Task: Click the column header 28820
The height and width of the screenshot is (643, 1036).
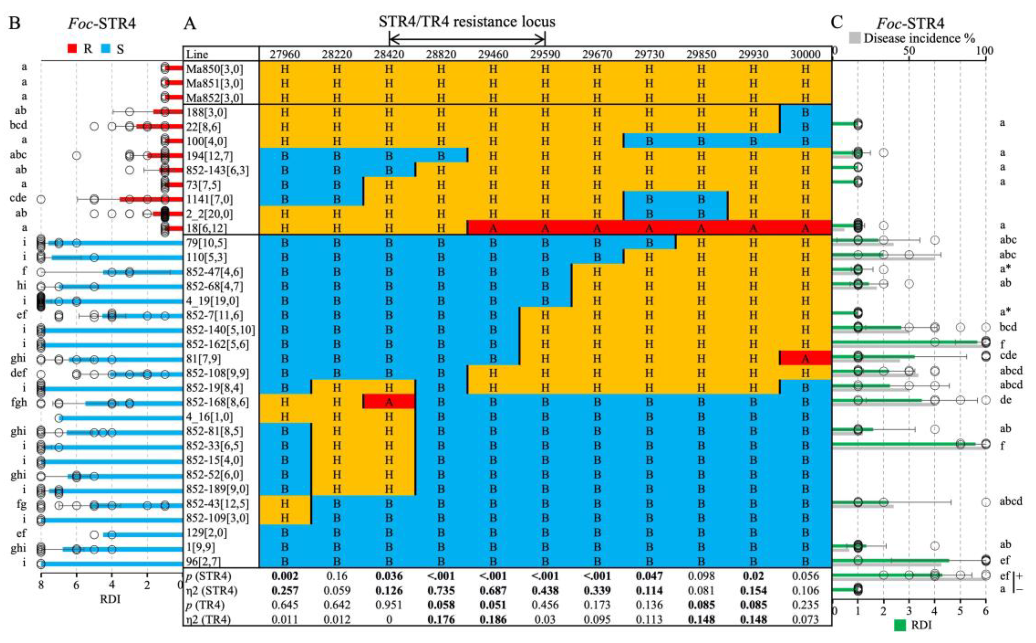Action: pos(441,54)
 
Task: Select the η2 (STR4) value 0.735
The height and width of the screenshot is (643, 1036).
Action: pos(441,591)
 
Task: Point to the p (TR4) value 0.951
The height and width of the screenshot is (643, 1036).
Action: pos(388,605)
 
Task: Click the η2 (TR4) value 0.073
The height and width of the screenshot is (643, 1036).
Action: pos(805,620)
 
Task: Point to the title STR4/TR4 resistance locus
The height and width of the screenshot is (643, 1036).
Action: pos(467,22)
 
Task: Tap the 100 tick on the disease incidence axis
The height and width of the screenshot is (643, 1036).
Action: pos(984,51)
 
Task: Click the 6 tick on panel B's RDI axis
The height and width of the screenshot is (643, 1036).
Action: pos(76,585)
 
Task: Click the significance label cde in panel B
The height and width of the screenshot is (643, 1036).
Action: pos(18,198)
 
